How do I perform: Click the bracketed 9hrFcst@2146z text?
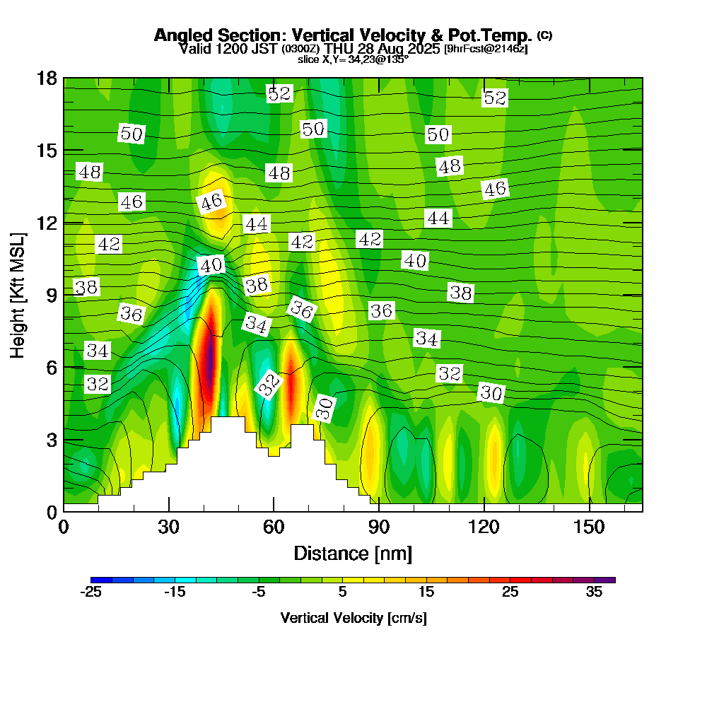(486, 49)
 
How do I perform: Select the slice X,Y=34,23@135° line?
(353, 59)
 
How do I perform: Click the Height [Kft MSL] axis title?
(17, 293)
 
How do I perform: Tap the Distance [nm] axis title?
(353, 552)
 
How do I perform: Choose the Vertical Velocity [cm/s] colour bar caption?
(353, 618)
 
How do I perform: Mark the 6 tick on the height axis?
(51, 367)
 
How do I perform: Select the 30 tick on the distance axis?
(168, 527)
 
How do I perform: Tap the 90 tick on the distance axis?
(379, 527)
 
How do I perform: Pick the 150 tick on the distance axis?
(590, 527)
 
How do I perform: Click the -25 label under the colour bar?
(91, 592)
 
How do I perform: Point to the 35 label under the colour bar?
(594, 592)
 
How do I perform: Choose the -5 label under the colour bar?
(258, 592)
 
